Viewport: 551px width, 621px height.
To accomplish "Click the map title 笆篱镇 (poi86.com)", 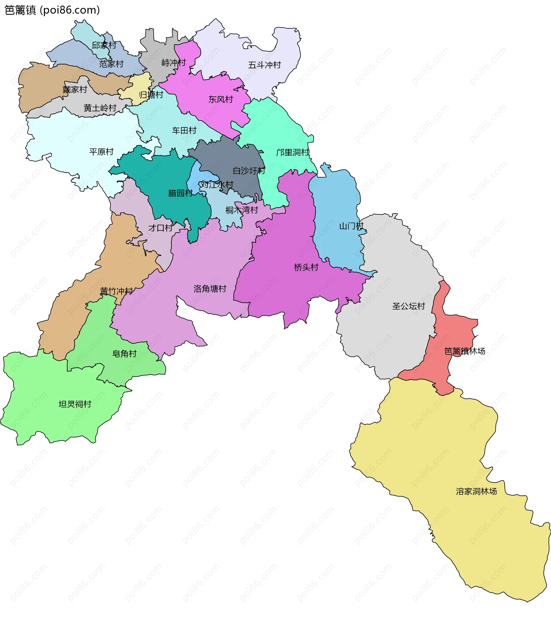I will coord(52,10).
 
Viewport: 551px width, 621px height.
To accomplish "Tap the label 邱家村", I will coord(104,45).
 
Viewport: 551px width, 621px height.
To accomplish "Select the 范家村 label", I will coord(111,64).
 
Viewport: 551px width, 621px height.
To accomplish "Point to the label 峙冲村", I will coord(173,63).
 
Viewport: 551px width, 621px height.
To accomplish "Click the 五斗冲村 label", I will coord(264,65).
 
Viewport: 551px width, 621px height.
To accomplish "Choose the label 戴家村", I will coord(75,90).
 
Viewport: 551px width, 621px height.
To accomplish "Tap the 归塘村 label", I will coord(151,95).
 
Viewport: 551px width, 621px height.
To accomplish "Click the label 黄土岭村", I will coord(100,108).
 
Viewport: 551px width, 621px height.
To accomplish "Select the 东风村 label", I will coord(220,99).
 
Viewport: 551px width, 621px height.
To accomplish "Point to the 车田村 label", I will coord(184,130).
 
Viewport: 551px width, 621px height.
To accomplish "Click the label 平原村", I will coord(101,152).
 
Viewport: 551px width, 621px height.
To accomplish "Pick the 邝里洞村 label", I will coord(292,152).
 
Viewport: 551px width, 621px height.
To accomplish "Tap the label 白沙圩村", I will coord(249,171).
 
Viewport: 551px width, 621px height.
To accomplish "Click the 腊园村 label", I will coord(181,193).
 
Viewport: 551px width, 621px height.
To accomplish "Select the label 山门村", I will coord(351,226).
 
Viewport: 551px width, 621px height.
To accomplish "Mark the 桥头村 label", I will coord(306,267).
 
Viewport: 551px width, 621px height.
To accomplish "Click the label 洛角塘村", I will coord(210,289).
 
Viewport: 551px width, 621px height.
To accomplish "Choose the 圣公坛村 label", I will coord(408,306).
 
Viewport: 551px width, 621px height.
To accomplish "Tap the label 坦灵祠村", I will coord(75,404).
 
